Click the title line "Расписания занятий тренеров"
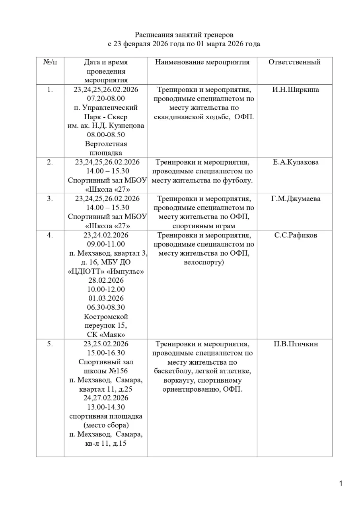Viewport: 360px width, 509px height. coord(184,35)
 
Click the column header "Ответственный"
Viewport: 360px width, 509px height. coord(294,62)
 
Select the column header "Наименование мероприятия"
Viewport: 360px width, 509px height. coord(202,62)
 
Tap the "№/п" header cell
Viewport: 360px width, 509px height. coord(50,62)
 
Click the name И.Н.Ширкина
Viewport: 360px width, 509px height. coord(296,89)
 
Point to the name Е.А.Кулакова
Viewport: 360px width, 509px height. coord(296,162)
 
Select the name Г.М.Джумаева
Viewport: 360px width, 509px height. coord(296,199)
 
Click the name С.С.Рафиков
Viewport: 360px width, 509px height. coord(296,235)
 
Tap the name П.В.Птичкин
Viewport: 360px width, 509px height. coord(296,344)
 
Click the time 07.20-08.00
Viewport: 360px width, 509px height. coord(106,99)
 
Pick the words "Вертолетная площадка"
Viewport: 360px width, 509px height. coord(106,148)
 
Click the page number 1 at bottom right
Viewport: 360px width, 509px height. coord(341,484)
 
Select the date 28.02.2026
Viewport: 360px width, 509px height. coord(106,280)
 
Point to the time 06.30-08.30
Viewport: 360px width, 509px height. coord(106,307)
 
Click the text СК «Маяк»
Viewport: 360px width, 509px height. coord(106,335)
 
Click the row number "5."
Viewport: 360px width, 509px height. coord(50,344)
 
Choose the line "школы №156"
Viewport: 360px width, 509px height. coord(106,371)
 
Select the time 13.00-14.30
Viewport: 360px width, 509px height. coord(106,407)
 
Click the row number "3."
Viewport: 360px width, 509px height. coord(50,199)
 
